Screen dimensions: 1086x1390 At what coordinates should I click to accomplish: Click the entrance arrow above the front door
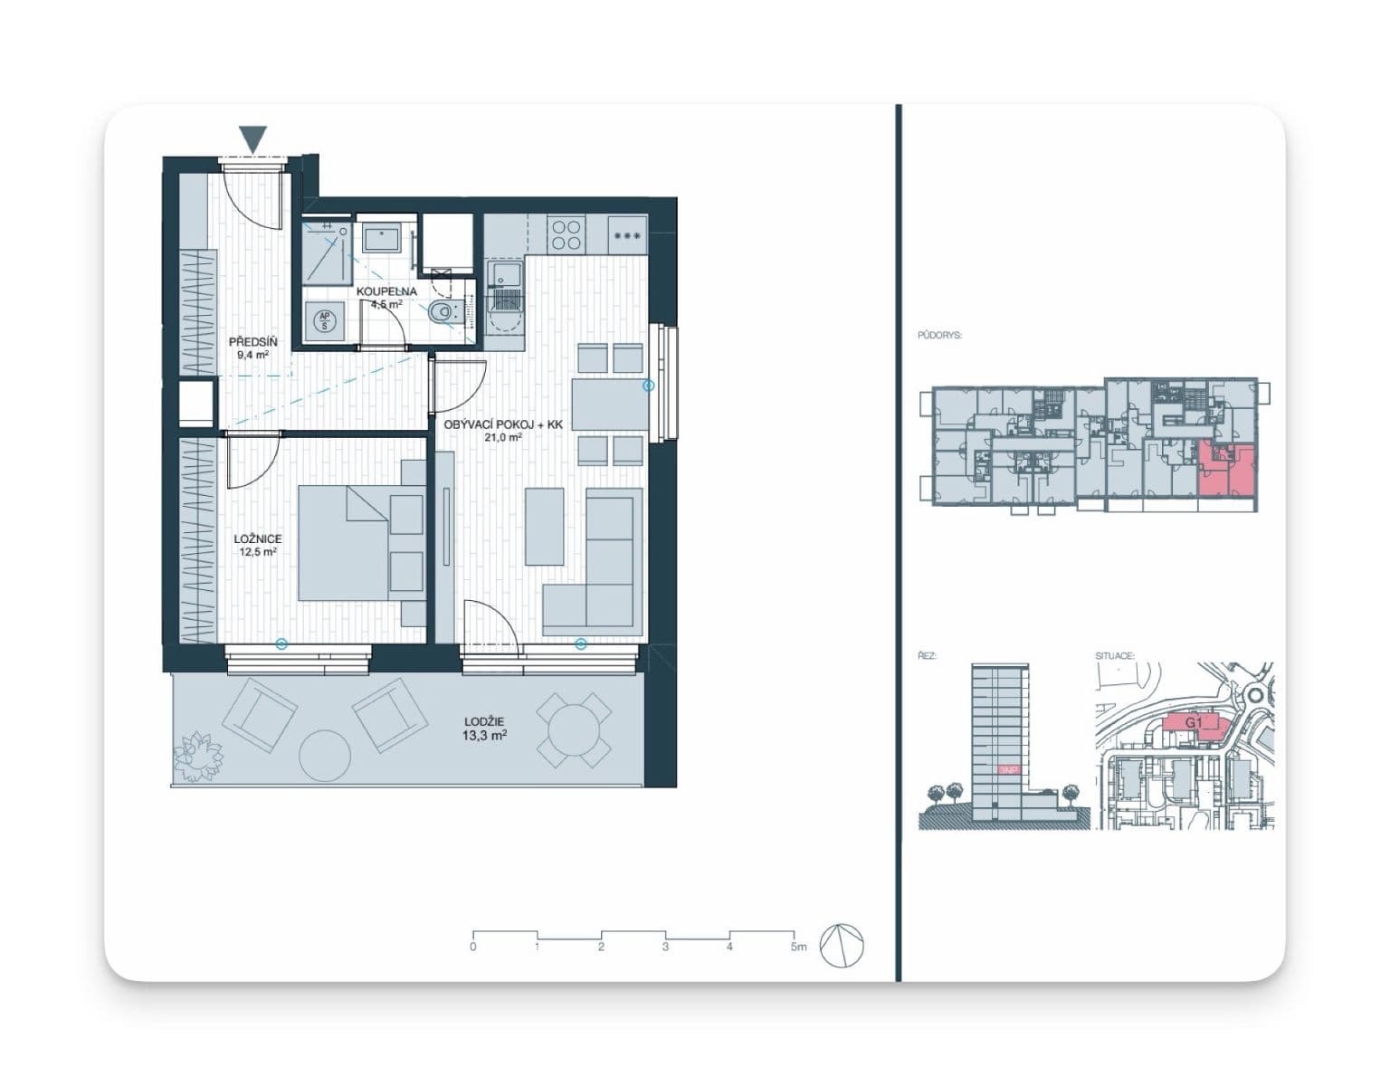[254, 139]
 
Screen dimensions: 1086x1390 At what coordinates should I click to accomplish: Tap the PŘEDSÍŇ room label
[252, 348]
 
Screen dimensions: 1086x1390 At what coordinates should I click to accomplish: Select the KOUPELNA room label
[386, 298]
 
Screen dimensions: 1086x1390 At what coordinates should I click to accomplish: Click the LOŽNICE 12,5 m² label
[257, 545]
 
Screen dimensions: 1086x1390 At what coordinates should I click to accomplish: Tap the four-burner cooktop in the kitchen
[566, 235]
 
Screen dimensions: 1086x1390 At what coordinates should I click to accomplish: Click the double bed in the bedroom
[360, 543]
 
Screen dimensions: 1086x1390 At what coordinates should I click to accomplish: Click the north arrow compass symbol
[842, 947]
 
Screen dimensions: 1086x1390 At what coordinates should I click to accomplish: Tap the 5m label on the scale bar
[796, 948]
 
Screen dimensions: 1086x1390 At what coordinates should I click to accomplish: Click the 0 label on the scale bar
[473, 948]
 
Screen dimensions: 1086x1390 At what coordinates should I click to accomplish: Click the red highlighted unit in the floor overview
[1227, 471]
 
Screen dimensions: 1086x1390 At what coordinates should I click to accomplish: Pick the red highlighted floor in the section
[1008, 769]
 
